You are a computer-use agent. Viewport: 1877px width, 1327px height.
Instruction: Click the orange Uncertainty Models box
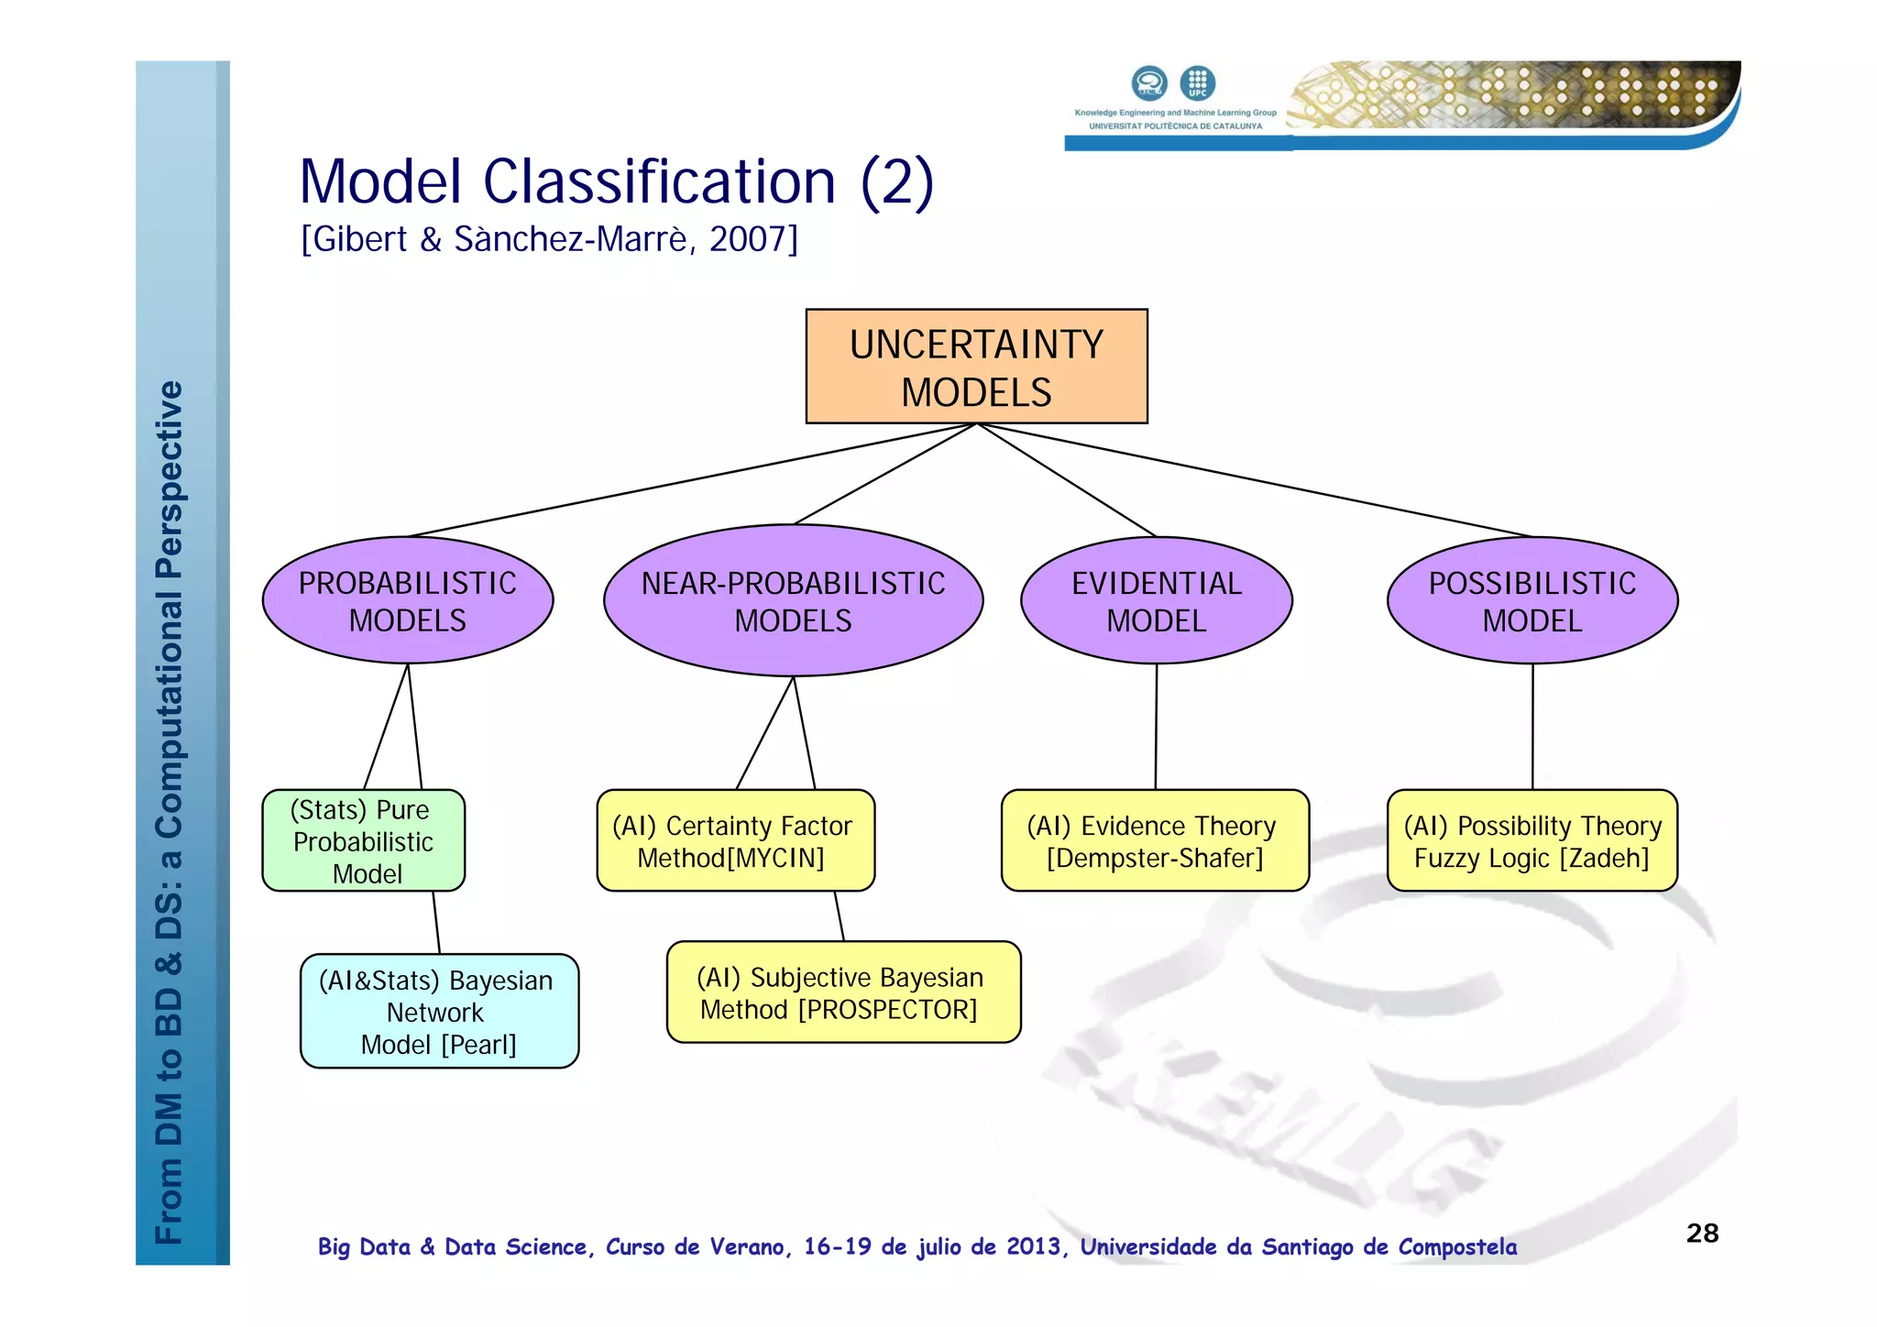[x=976, y=367]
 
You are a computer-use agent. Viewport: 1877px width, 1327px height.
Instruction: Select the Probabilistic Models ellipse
[x=408, y=601]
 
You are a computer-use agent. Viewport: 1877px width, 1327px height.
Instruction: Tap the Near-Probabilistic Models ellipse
[x=793, y=601]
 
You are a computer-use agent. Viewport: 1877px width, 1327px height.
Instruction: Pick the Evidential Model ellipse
[x=1157, y=601]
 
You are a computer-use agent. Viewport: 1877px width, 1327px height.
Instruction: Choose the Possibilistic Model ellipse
[x=1532, y=601]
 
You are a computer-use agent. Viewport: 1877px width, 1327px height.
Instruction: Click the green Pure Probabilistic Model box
[x=364, y=841]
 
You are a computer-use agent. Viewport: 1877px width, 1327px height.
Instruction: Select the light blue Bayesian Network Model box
[x=439, y=1012]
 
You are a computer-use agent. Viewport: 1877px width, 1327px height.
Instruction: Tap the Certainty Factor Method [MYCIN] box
[x=735, y=841]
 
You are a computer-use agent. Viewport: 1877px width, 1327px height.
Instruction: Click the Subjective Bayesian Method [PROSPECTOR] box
[x=843, y=993]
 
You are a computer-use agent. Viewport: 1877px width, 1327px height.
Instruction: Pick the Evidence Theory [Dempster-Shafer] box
[x=1155, y=841]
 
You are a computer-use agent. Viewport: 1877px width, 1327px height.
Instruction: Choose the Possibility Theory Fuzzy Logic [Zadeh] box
[x=1532, y=841]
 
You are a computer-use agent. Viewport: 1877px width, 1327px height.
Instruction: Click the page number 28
[x=1702, y=1234]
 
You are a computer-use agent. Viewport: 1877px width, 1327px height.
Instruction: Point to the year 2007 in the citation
[x=748, y=239]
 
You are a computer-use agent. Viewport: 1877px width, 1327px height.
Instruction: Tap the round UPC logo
[x=1197, y=83]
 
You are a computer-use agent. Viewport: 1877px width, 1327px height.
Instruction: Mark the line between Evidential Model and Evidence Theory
[x=1156, y=727]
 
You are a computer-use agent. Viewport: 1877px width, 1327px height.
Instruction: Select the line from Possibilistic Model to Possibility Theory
[x=1532, y=727]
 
